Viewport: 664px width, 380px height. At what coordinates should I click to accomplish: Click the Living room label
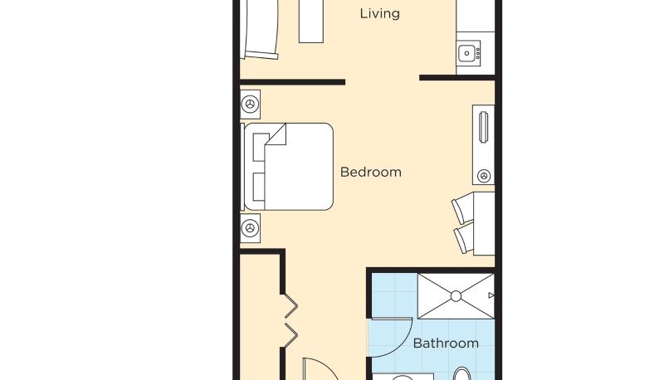click(379, 14)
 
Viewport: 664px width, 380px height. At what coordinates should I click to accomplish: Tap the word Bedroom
click(370, 173)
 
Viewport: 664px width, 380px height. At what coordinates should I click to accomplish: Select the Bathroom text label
click(446, 343)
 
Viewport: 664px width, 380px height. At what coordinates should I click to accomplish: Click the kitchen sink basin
click(466, 53)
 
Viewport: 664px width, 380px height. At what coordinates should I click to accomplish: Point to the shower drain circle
click(456, 296)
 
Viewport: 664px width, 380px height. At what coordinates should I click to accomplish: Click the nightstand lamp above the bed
click(250, 104)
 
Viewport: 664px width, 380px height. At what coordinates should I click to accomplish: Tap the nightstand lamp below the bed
click(250, 228)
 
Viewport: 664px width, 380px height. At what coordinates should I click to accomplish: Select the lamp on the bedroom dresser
click(484, 175)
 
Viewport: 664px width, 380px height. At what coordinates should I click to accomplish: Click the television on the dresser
click(483, 127)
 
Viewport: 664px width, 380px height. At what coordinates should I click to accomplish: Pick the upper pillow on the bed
click(259, 147)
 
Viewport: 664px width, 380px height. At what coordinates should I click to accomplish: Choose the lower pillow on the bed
click(259, 187)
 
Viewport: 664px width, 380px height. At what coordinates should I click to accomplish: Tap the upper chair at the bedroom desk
click(462, 207)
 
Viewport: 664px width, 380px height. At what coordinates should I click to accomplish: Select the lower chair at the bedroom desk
click(464, 239)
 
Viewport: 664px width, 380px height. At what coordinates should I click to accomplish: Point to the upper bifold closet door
click(290, 305)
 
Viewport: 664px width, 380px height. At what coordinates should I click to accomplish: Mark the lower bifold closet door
click(290, 335)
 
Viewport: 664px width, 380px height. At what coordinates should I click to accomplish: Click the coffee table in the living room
click(311, 22)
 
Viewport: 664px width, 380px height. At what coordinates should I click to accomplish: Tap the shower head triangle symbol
click(491, 295)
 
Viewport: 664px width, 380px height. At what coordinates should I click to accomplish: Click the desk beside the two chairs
click(484, 223)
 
